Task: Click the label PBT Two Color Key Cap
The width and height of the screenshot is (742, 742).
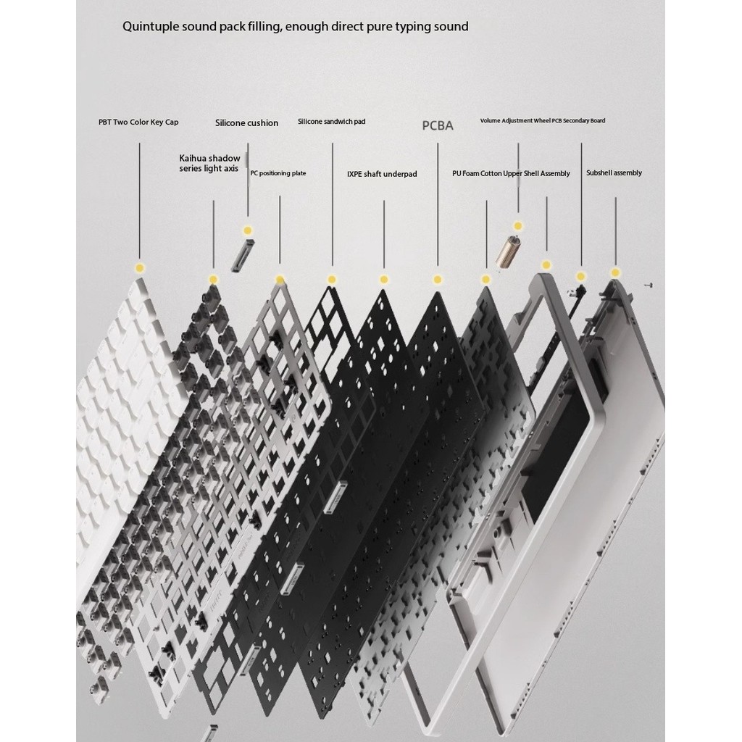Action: (x=138, y=122)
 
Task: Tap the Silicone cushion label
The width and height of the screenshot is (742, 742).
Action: (x=246, y=123)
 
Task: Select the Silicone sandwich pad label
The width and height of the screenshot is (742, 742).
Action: (x=331, y=122)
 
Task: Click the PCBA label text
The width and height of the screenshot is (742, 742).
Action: (x=438, y=125)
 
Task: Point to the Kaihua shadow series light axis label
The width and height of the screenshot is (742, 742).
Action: (x=209, y=163)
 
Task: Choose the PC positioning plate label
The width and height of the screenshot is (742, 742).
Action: (x=278, y=173)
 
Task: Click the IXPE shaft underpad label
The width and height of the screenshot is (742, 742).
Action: (x=382, y=174)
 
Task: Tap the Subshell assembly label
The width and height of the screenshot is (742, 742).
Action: (x=614, y=173)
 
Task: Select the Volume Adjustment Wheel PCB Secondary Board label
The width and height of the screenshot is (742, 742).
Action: (x=542, y=121)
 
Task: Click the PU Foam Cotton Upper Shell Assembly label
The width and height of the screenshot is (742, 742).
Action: (x=511, y=174)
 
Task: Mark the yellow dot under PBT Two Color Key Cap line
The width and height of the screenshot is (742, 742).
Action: (x=140, y=268)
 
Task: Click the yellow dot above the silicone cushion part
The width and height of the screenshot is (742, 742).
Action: (x=248, y=231)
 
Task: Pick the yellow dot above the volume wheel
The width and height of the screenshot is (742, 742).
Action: (x=518, y=226)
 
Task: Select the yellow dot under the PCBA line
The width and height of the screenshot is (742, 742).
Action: (x=438, y=280)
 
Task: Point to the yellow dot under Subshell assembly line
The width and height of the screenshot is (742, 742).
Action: (x=615, y=272)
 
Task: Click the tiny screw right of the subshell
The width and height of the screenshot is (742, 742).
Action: (x=649, y=285)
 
